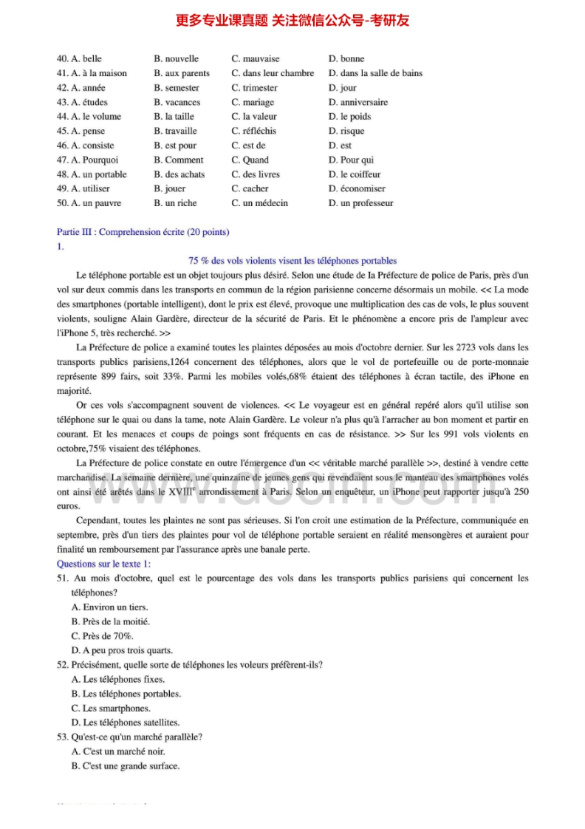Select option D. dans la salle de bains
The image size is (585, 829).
[x=375, y=73]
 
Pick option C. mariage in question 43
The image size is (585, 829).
[x=253, y=102]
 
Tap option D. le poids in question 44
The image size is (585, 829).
[x=349, y=117]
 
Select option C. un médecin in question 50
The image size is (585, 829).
[x=259, y=203]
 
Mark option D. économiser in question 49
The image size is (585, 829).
[x=357, y=188]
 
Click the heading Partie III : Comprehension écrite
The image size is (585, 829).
[x=143, y=232]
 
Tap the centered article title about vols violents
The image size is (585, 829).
[x=292, y=261]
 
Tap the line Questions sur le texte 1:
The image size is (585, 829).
[x=103, y=564]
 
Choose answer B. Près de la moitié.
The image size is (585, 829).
[x=110, y=621]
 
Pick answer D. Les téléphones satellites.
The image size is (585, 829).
[x=125, y=723]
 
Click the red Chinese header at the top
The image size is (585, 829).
[x=292, y=21]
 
